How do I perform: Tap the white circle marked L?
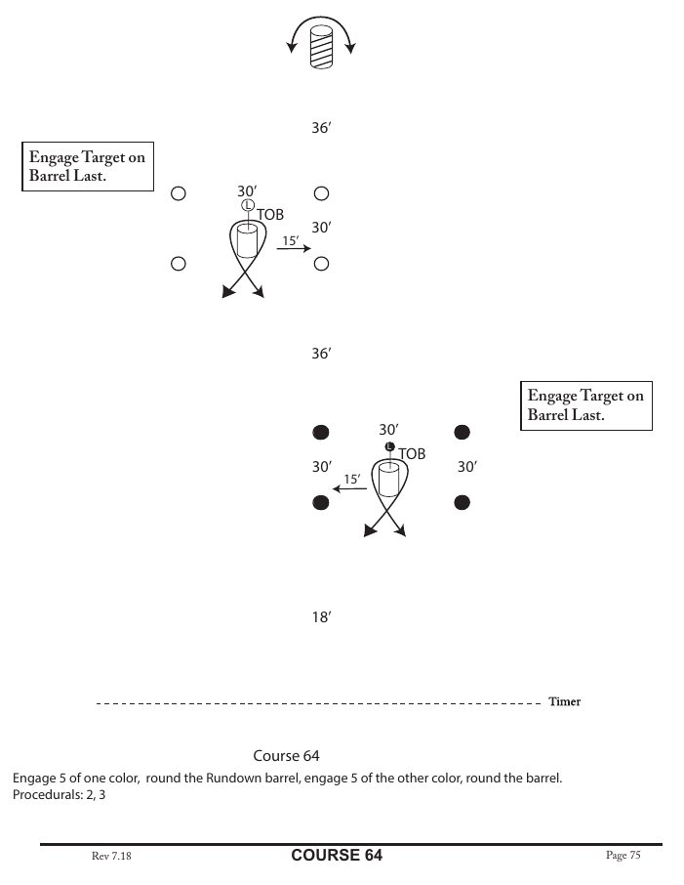point(248,205)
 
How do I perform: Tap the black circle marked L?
point(389,446)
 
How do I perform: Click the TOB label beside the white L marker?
point(269,213)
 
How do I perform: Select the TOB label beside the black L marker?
point(412,454)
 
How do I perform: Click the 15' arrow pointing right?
point(292,249)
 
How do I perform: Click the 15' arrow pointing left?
point(350,488)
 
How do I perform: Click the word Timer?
point(564,701)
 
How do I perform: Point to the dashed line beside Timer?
point(318,702)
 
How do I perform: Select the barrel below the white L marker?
point(246,241)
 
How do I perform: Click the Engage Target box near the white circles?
point(89,167)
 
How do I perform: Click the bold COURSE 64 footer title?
point(337,856)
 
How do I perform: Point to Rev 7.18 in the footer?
point(111,857)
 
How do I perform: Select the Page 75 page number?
point(623,856)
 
